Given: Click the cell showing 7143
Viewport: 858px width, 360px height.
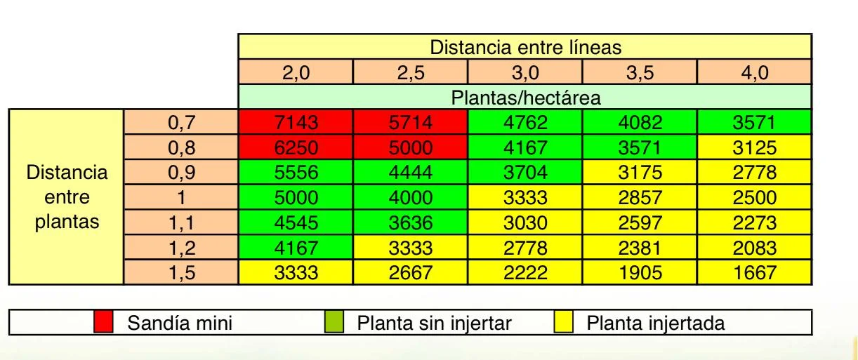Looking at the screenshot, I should point(296,123).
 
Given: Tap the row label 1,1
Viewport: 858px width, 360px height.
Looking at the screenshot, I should point(181,223).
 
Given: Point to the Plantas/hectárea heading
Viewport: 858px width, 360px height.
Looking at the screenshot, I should point(525,97).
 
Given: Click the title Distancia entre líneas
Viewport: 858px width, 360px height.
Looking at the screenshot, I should point(525,48).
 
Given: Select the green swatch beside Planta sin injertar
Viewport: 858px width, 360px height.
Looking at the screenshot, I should point(334,323).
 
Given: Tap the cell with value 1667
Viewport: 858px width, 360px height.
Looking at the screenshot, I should point(755,272).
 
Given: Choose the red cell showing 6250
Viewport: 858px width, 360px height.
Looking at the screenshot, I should point(296,148).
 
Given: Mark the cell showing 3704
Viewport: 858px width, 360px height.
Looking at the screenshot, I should point(525,173).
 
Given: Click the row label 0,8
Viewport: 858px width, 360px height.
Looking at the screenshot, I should point(181,148).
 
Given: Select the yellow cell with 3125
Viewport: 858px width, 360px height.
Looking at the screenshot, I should point(755,148).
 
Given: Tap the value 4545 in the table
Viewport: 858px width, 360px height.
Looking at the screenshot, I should point(296,223).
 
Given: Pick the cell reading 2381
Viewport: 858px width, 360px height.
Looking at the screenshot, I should point(640,248).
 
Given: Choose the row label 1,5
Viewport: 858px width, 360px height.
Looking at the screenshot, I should point(181,272).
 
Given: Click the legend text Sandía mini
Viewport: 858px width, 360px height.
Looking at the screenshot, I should point(179,324).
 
